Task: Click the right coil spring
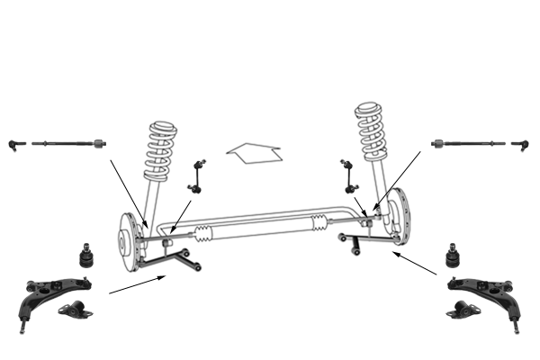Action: [x=371, y=131]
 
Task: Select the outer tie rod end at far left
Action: [x=13, y=143]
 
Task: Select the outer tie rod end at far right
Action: [x=519, y=143]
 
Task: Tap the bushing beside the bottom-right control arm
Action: [x=464, y=310]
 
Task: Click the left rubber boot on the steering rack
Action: [x=203, y=235]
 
